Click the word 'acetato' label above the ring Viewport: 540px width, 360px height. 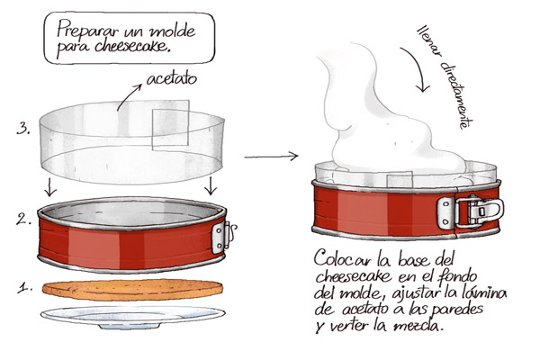click(x=172, y=79)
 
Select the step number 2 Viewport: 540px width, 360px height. click(x=23, y=220)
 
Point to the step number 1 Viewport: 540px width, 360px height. click(x=25, y=287)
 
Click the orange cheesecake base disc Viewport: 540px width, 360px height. click(x=132, y=290)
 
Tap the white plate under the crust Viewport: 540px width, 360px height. click(x=133, y=316)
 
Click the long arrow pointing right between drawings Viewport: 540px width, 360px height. click(x=271, y=157)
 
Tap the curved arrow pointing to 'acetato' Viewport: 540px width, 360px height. click(x=128, y=97)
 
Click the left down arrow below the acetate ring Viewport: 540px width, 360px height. click(x=49, y=187)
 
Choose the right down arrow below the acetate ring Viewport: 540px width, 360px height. click(x=211, y=186)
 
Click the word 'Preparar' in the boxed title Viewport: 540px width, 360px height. click(x=88, y=29)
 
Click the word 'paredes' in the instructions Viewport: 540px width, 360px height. click(x=458, y=310)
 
